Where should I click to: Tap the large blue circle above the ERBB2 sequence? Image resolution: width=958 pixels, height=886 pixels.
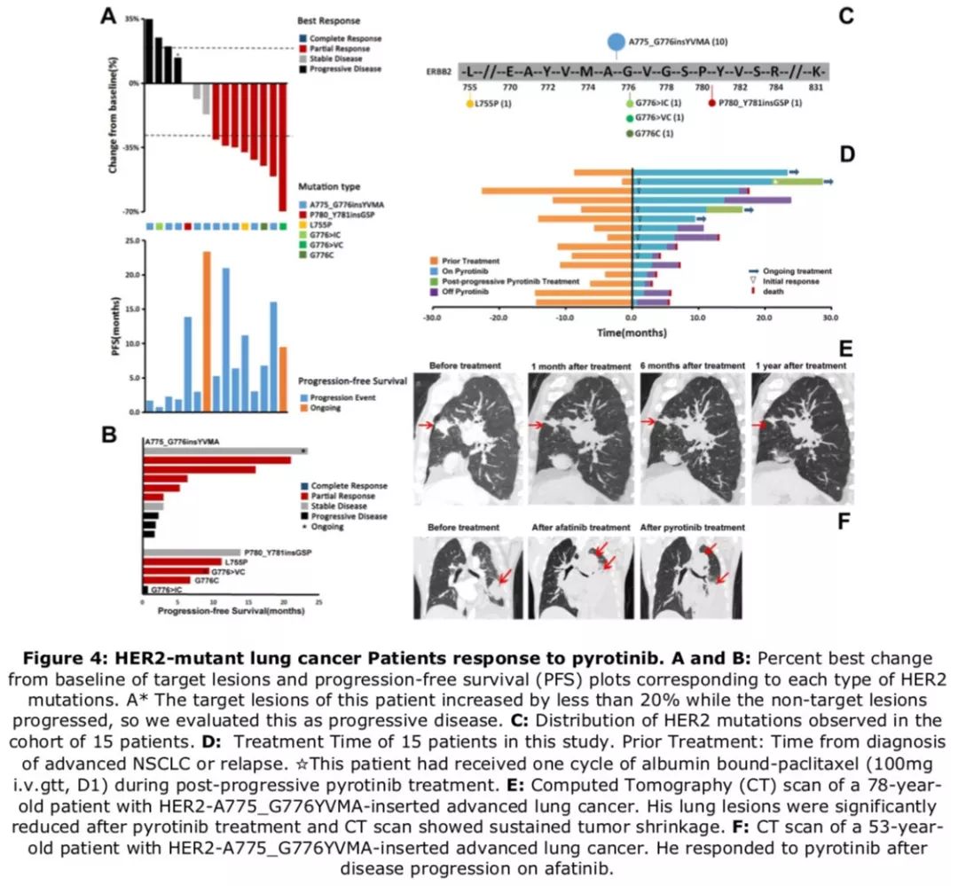(x=616, y=41)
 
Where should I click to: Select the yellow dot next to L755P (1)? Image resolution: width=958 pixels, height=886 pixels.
(x=470, y=104)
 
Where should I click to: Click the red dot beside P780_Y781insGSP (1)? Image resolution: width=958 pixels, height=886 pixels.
(x=711, y=104)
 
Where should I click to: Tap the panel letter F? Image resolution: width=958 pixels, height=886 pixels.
(x=845, y=520)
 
